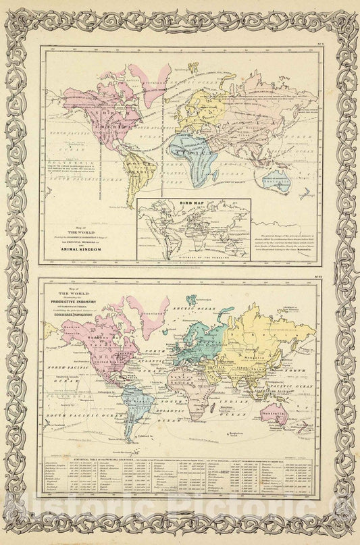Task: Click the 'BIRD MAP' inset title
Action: (192, 203)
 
